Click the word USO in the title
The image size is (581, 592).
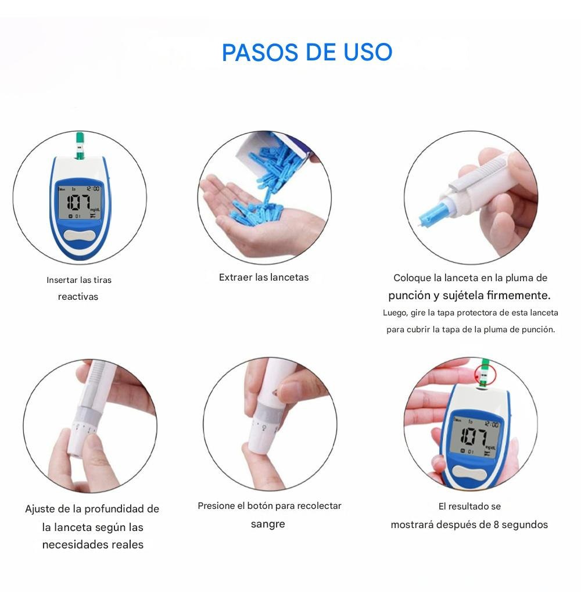click(368, 52)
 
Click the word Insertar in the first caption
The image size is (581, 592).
click(62, 280)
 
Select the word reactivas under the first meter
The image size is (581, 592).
click(78, 297)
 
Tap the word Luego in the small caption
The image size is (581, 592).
click(394, 313)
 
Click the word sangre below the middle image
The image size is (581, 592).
click(268, 524)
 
